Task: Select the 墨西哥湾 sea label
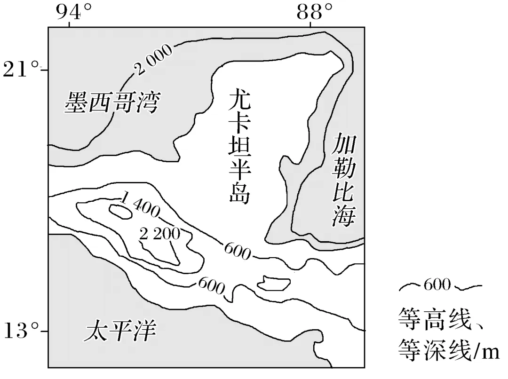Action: click(x=112, y=102)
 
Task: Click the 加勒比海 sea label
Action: click(x=342, y=179)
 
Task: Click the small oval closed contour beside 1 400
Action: click(x=120, y=212)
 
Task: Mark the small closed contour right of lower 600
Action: click(x=274, y=283)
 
